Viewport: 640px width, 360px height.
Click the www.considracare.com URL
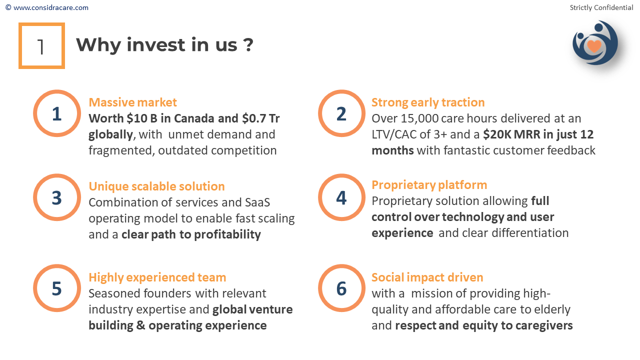tap(51, 7)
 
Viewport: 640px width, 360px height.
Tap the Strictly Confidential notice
tap(601, 7)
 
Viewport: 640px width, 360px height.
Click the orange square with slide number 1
tap(41, 24)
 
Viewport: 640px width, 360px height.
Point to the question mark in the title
tap(248, 45)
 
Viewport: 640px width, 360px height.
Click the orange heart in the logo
tap(594, 46)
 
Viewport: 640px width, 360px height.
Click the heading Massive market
tap(133, 102)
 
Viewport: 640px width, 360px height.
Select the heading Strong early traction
tap(428, 102)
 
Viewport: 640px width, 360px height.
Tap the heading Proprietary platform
tap(429, 185)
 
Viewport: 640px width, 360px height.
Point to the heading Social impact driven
tap(427, 277)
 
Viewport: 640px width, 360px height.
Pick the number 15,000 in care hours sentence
tap(419, 118)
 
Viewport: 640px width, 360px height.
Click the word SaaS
tap(257, 202)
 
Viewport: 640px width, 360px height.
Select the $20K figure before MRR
tap(496, 134)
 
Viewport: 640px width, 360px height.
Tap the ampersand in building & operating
tap(140, 325)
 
